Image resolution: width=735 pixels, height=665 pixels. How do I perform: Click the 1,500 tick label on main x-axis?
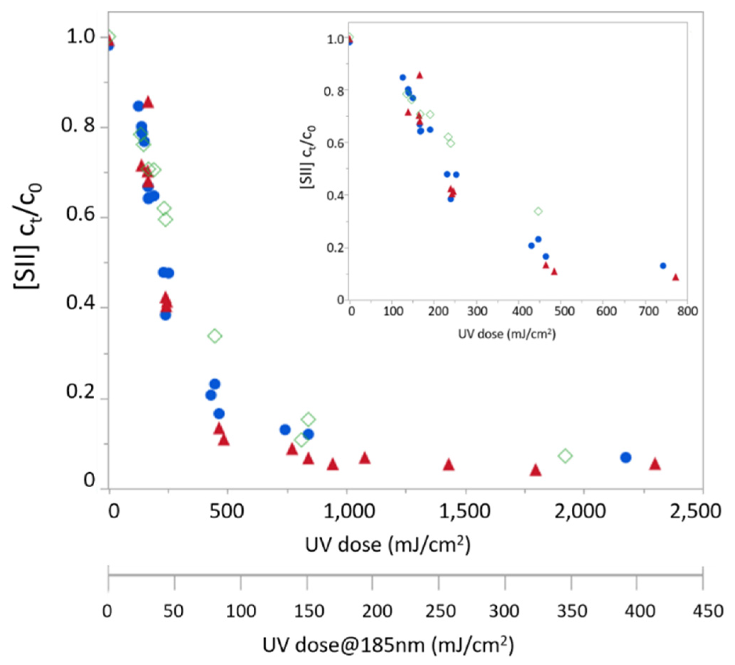pos(465,512)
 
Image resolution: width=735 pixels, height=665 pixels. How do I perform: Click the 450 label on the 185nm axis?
pos(708,611)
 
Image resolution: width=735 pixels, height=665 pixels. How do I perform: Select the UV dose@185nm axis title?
pos(388,645)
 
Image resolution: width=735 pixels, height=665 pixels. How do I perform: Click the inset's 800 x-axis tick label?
pos(687,311)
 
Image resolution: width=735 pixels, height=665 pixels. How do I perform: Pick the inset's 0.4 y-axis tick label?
pos(335,196)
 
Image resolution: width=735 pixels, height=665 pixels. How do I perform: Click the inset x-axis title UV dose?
pos(507,334)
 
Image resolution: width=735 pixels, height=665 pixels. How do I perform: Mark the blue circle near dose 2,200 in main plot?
pos(626,457)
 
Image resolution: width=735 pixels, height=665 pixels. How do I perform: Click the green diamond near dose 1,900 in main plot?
pos(565,456)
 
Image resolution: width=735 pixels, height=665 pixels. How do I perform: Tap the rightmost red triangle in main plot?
pos(655,464)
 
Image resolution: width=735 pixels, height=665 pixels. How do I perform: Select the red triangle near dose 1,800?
pos(535,470)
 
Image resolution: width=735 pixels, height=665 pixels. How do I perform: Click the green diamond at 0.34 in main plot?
pos(215,336)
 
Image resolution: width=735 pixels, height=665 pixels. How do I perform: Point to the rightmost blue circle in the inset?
pos(663,266)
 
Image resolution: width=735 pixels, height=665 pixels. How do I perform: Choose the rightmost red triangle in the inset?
pos(675,277)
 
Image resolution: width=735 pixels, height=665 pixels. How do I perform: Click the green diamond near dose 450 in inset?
pos(538,211)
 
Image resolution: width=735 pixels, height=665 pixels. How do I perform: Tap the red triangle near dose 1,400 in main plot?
pos(448,465)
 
